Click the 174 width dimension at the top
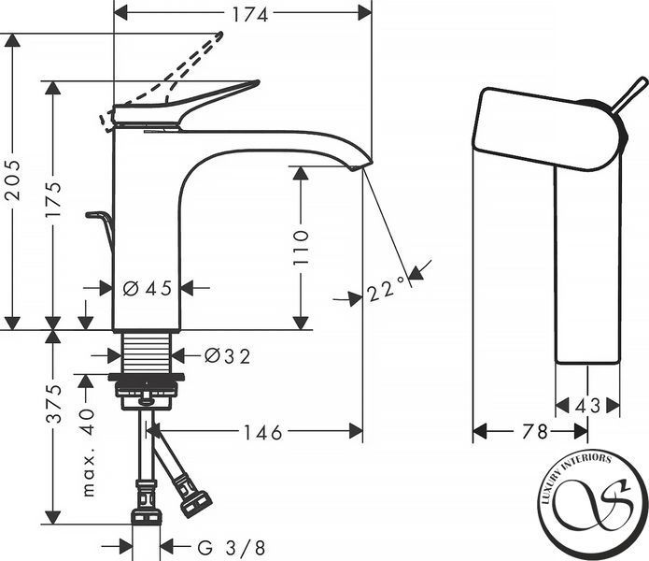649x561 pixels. click(249, 15)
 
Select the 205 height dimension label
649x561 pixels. click(13, 180)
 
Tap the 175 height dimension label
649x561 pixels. click(54, 198)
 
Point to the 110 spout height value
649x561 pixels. click(301, 248)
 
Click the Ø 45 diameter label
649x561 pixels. click(148, 288)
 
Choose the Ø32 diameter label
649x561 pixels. click(228, 356)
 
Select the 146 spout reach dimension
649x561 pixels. click(262, 432)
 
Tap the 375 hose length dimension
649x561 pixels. click(54, 404)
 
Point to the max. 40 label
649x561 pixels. click(88, 452)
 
